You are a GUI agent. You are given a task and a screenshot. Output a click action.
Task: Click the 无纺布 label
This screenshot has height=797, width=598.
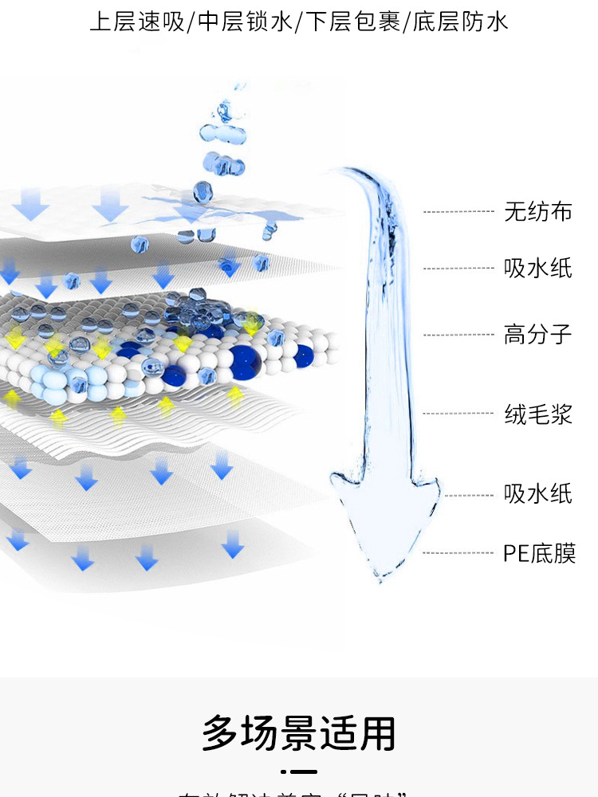537,212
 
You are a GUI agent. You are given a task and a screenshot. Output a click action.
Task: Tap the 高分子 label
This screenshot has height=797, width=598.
537,334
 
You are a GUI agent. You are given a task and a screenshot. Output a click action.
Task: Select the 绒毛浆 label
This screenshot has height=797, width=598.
537,414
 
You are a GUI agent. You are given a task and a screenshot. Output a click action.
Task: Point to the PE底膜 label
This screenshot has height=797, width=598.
539,553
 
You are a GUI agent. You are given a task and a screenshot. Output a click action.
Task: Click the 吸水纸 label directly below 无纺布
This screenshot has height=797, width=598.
537,268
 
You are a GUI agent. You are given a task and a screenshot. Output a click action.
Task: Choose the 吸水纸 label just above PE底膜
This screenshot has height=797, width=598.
537,494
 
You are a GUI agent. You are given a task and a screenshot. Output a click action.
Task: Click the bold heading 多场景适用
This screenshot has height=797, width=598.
299,733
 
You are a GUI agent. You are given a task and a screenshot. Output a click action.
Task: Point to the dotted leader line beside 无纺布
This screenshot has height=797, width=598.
458,212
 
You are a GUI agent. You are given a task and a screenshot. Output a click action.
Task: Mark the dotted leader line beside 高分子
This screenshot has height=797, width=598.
458,335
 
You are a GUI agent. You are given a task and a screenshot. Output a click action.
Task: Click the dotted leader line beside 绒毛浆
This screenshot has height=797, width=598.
458,414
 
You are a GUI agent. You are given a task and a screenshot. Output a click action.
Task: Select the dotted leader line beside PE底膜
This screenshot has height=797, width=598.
458,553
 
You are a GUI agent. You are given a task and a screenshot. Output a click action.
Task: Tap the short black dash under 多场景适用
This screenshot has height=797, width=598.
304,771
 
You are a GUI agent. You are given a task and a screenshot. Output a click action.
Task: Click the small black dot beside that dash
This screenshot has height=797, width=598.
283,771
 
